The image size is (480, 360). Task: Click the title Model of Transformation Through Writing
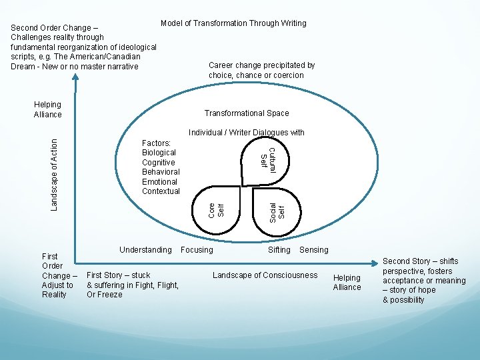pos(233,23)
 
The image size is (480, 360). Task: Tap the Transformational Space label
pos(247,113)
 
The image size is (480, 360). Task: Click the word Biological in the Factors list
pos(159,153)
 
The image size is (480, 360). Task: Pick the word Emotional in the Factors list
pos(159,181)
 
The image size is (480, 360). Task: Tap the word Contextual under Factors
pos(161,191)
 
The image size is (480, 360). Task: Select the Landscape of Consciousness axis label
pos(265,275)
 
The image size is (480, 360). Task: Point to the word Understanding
pos(145,250)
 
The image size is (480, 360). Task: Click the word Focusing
pos(197,250)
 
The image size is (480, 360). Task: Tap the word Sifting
pos(279,250)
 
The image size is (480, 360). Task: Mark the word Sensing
pos(314,250)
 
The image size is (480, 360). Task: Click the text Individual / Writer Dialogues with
pos(246,133)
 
